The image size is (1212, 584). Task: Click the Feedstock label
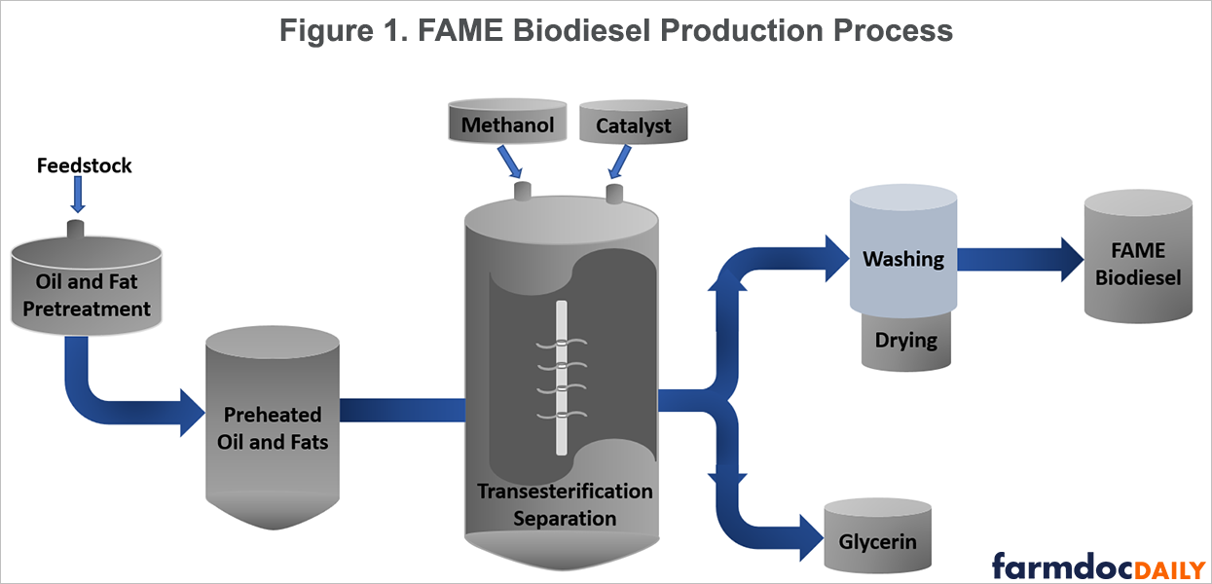(84, 166)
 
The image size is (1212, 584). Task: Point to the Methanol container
(507, 126)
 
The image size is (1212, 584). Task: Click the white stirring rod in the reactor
(561, 379)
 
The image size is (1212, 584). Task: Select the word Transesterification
(565, 491)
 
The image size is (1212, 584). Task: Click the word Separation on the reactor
(565, 518)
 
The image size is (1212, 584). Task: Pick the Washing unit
(903, 259)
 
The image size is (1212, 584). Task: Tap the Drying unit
(905, 342)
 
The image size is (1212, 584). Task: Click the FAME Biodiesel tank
(1137, 264)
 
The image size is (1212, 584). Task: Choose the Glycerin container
(877, 541)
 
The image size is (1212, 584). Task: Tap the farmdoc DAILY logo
(1097, 565)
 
